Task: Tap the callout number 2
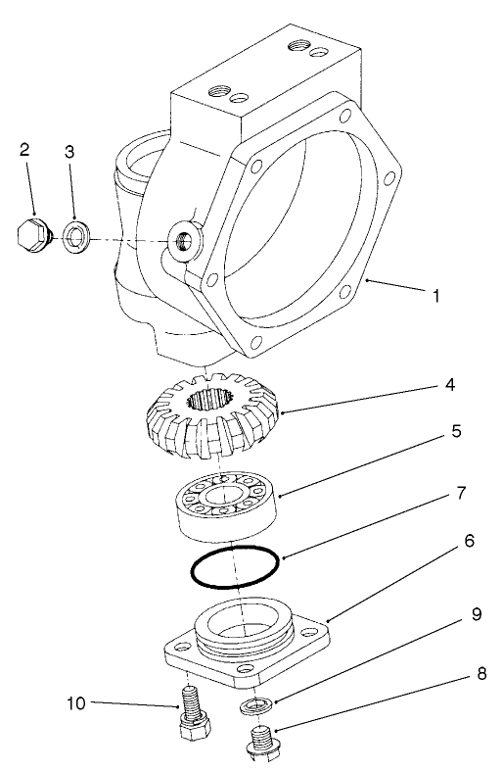tap(24, 150)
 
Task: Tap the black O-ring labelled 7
tap(234, 567)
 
